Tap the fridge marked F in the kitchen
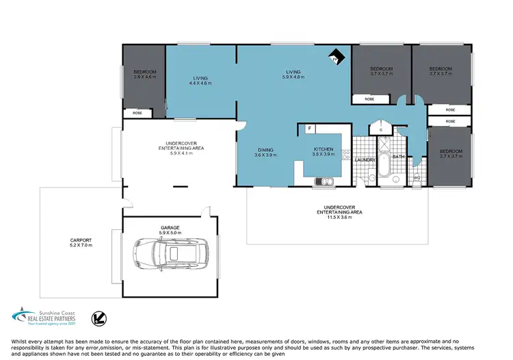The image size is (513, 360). click(x=310, y=129)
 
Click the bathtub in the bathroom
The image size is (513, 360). click(x=383, y=168)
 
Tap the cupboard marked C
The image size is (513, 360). click(x=380, y=129)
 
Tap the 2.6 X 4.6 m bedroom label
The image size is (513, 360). click(x=144, y=77)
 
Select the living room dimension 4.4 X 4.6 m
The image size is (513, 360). click(x=200, y=83)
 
